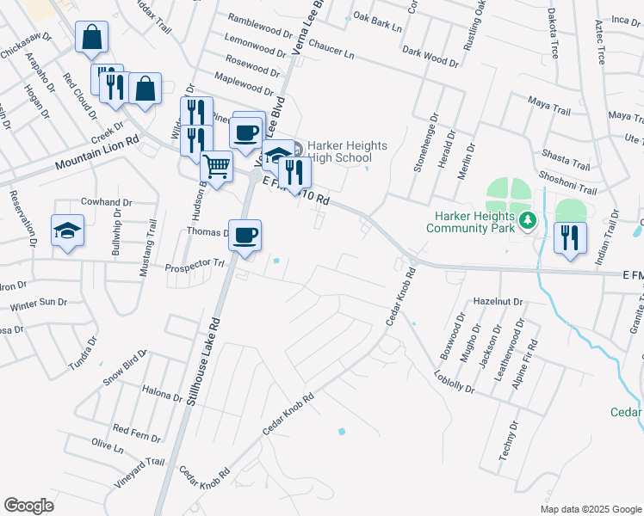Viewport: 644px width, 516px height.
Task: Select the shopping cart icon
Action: (x=217, y=165)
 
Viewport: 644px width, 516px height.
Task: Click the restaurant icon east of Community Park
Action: (x=570, y=236)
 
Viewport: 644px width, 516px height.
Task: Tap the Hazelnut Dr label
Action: (x=498, y=302)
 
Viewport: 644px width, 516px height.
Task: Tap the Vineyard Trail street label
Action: (x=137, y=474)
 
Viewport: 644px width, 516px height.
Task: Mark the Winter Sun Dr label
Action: (x=38, y=304)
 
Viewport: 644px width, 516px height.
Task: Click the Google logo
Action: (x=28, y=506)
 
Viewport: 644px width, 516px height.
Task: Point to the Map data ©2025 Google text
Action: (x=589, y=508)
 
